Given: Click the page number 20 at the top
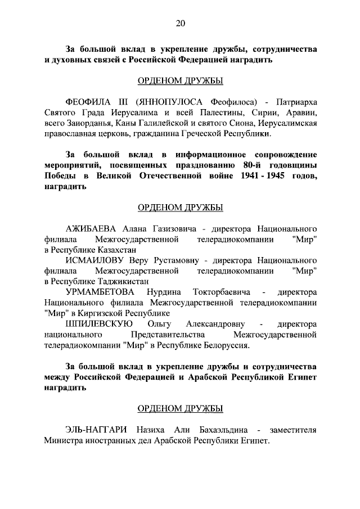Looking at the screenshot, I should pyautogui.click(x=180, y=23).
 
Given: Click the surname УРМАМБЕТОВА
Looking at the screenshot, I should pyautogui.click(x=101, y=292).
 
